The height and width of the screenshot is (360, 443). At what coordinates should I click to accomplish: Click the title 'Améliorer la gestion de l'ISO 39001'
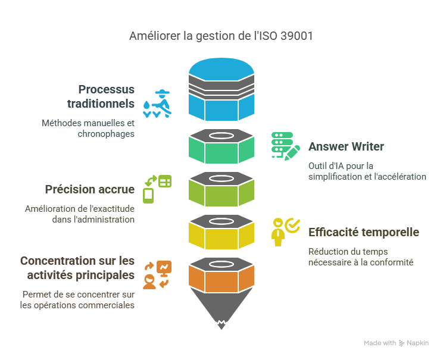(x=221, y=36)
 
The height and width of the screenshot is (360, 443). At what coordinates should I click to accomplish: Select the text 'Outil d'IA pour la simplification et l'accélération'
(x=367, y=171)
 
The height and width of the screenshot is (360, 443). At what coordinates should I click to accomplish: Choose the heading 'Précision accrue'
(x=90, y=189)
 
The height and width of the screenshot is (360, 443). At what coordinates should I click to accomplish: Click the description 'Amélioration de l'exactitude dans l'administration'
(x=80, y=214)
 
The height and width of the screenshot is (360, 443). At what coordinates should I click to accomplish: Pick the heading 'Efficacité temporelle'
(x=363, y=232)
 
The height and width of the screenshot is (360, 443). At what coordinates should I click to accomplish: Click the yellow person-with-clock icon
(x=285, y=231)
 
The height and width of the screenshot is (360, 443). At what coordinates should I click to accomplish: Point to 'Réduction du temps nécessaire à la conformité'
(x=360, y=256)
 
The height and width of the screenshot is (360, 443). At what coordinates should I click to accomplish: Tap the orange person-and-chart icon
(x=157, y=274)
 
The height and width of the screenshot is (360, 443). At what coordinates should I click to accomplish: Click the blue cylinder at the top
(x=221, y=89)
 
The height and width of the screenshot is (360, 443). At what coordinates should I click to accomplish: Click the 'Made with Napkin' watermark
(x=396, y=343)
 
